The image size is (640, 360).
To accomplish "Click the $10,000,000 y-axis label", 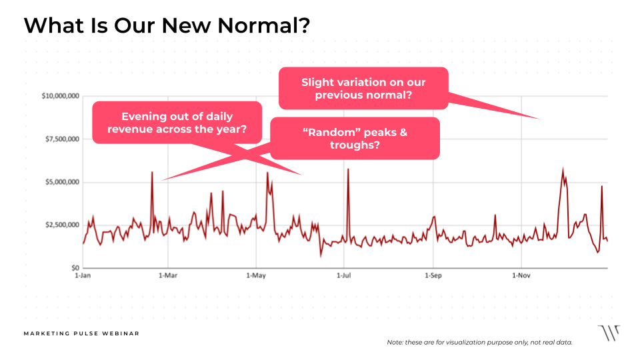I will (x=61, y=97).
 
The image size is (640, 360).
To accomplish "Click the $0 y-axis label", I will (x=75, y=267).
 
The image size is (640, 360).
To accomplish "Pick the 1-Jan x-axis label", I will (x=83, y=275).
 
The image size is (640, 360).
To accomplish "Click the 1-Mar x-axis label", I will (x=169, y=275).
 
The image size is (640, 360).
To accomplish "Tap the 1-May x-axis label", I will (x=257, y=275).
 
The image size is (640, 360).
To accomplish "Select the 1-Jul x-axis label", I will (x=344, y=275).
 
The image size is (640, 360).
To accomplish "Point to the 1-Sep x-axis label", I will (x=433, y=275).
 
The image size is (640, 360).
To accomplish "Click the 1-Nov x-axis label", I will (x=521, y=275).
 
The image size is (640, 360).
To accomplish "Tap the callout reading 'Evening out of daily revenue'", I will (x=176, y=123).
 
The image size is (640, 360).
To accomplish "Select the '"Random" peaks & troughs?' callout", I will (x=355, y=138).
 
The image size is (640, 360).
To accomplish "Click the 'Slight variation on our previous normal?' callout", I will (x=363, y=89).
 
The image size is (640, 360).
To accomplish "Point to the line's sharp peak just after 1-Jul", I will (x=348, y=170).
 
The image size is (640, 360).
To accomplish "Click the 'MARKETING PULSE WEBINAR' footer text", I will (x=81, y=333).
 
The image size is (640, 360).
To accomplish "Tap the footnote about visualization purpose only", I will (x=479, y=342).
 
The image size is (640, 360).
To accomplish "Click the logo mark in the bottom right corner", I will (x=608, y=333).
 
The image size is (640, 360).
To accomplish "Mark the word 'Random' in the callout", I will (x=328, y=132).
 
